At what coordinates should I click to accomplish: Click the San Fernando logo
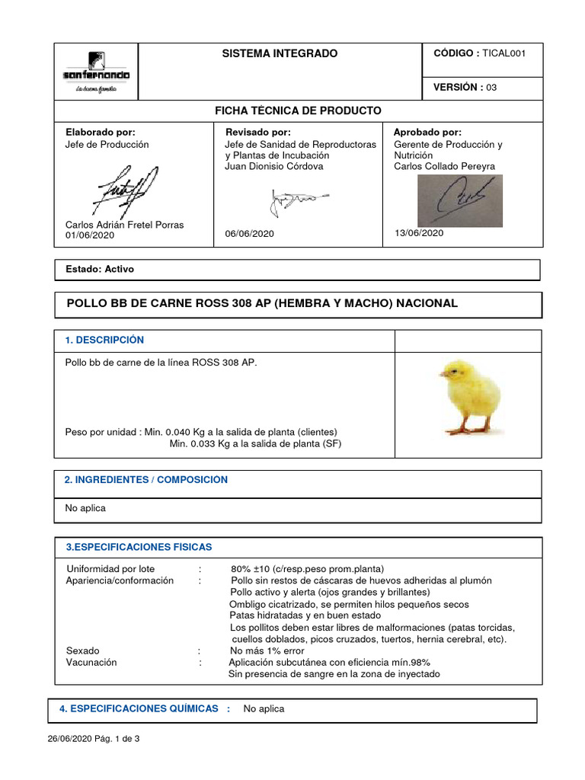tap(96, 72)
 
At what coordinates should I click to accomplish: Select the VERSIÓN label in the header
tap(458, 88)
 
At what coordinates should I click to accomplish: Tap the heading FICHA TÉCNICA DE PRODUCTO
tap(299, 111)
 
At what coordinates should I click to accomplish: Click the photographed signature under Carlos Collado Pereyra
tap(459, 200)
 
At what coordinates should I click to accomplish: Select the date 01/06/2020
tap(90, 236)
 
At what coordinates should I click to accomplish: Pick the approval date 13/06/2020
tap(418, 233)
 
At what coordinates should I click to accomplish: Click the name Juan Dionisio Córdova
tap(273, 166)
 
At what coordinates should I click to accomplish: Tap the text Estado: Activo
tap(101, 270)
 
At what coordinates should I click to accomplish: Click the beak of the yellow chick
tap(442, 373)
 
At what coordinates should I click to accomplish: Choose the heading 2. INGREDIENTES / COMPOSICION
tap(145, 480)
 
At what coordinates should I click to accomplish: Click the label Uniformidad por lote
tap(110, 569)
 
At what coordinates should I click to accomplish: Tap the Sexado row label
tap(83, 651)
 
